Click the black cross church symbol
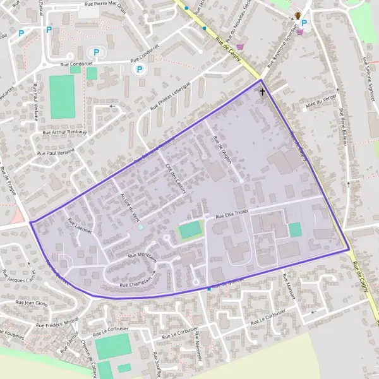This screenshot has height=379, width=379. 263,92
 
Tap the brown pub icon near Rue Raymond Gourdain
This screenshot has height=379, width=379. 298,15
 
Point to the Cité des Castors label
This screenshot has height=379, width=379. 172,179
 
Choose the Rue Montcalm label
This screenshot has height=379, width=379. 142,256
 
